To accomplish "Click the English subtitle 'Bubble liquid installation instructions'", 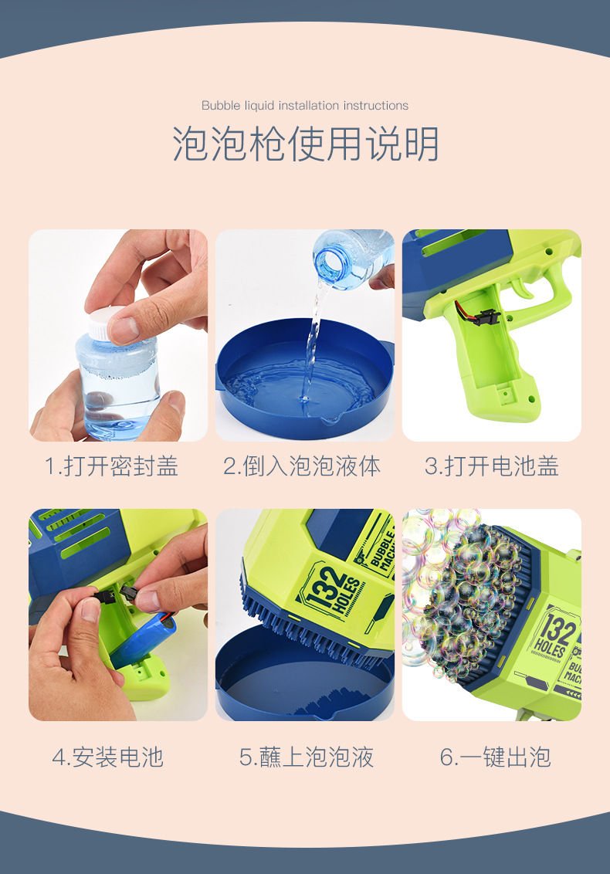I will tap(305, 105).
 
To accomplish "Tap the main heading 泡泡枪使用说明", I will tap(305, 144).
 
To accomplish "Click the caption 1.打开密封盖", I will tap(112, 466).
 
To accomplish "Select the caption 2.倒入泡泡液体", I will tap(302, 466).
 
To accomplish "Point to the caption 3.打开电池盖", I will tap(492, 466).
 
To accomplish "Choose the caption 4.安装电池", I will tap(108, 757).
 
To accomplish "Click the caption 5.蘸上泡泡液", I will tap(307, 757).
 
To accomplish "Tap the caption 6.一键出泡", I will tap(496, 757).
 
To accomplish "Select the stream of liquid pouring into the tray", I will tap(313, 340).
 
